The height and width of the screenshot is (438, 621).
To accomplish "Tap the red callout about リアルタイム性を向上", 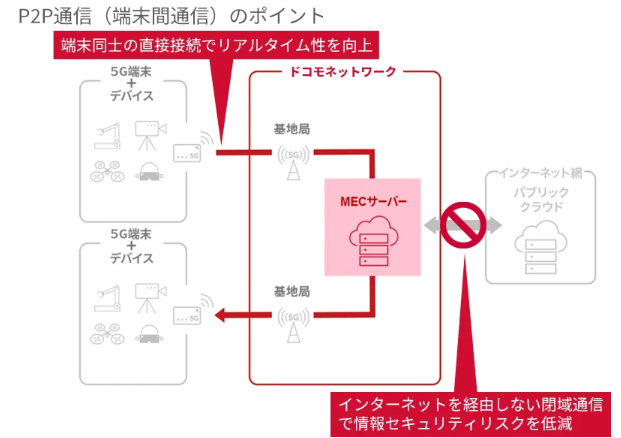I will point(218,45).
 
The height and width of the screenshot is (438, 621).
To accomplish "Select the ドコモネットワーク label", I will point(343,72).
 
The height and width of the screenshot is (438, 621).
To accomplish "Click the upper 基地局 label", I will point(292,129).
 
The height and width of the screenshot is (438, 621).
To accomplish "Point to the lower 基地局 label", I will point(292,291).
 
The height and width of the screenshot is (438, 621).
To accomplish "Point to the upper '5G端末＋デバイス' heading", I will point(132,93).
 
